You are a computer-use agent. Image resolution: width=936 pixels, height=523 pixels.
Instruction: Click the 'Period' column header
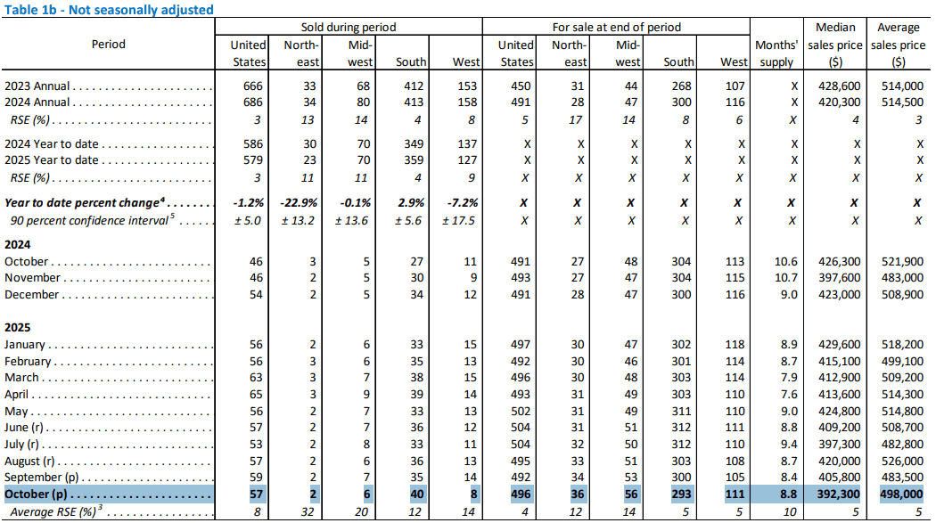coord(109,44)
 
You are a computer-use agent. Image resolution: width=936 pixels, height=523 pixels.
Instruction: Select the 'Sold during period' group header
coord(349,27)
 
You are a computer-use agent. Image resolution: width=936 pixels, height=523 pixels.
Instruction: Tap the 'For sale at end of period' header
coord(616,27)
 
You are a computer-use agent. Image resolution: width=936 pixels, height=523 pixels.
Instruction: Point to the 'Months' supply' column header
coord(774,53)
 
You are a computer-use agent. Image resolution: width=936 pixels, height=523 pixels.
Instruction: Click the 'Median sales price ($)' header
coord(836,44)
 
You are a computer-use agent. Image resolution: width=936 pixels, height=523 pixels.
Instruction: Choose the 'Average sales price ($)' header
coord(899,44)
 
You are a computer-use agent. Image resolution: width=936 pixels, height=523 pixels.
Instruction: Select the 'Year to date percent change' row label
coord(89,203)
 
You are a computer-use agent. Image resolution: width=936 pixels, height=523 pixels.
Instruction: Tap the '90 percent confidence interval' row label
coord(89,220)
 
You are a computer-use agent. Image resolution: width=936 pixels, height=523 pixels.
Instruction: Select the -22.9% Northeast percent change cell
coord(300,203)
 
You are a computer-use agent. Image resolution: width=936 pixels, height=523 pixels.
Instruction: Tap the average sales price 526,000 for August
coord(900,462)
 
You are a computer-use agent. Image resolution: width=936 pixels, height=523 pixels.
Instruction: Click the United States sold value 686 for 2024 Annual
coord(254,103)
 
